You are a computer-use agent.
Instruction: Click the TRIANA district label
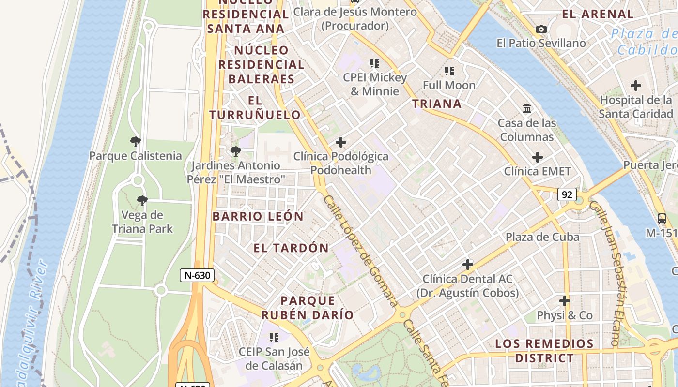(x=436, y=104)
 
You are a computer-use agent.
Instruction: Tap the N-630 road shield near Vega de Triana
(x=197, y=275)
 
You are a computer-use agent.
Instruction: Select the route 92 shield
(x=567, y=194)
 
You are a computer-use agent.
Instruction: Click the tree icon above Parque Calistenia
(x=136, y=142)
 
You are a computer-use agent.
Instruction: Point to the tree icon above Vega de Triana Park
(x=142, y=201)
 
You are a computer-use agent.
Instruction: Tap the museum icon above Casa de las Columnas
(x=527, y=109)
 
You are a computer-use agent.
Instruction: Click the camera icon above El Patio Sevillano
(x=541, y=30)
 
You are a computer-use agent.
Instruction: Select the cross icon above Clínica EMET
(x=537, y=157)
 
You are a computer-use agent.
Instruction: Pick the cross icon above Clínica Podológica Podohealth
(x=341, y=142)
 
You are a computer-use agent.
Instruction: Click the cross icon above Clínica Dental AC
(x=467, y=265)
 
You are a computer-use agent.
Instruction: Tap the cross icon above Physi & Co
(x=564, y=301)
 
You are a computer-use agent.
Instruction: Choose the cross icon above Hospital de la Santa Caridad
(x=635, y=86)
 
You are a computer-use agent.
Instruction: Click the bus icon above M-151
(x=662, y=219)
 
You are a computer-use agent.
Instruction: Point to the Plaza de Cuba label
(x=542, y=237)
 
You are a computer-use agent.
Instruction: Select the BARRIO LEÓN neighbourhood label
(x=258, y=216)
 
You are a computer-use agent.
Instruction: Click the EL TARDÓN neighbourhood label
(x=291, y=248)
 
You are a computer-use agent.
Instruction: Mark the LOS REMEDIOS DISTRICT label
(x=544, y=351)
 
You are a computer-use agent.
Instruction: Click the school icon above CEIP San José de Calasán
(x=274, y=337)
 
